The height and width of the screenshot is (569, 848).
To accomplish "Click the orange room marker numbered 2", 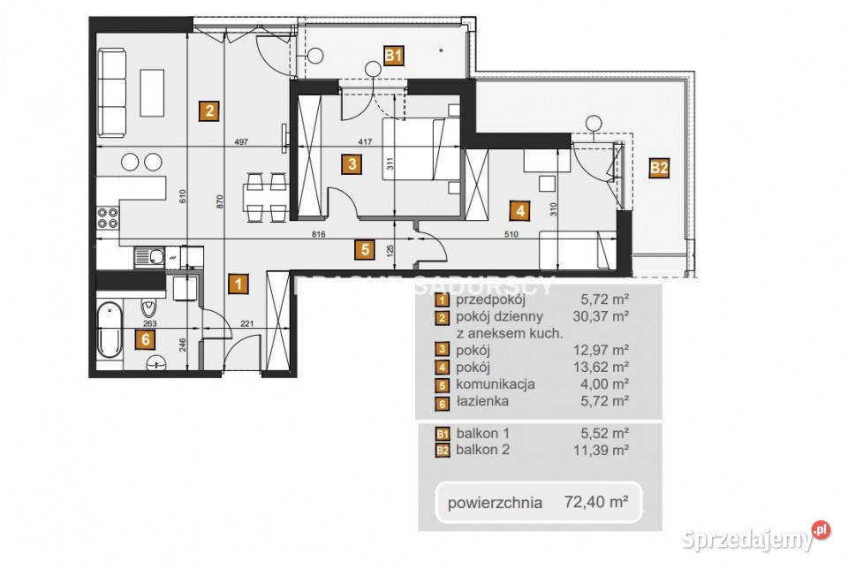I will coord(208,111).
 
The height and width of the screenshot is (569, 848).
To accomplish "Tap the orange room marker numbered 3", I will coord(352,163).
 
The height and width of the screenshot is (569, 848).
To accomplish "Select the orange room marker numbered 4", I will coord(520,210).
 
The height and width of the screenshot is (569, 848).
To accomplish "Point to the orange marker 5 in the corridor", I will coord(364,249).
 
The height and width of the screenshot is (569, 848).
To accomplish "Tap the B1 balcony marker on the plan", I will coord(394,57).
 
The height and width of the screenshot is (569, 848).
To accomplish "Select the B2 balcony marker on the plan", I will coord(658,168).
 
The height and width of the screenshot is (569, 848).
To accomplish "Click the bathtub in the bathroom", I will coord(110,330).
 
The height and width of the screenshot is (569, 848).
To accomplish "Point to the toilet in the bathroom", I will coord(148,307).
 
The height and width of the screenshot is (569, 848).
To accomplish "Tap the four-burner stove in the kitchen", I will coord(108,218).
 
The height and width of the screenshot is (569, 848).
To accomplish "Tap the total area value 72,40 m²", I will coord(596,503).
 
